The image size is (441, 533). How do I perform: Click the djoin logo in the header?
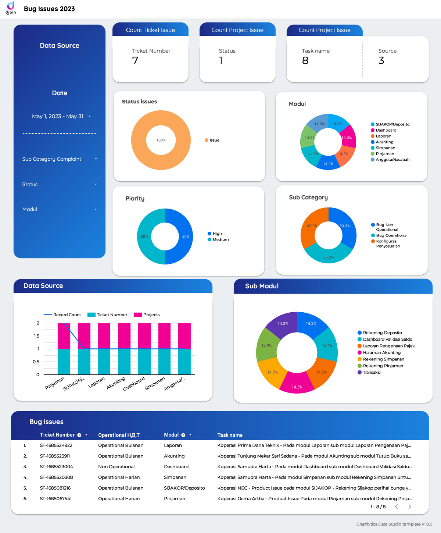click(x=11, y=7)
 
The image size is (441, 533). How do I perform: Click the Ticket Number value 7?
click(x=135, y=60)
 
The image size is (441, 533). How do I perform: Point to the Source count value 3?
click(x=381, y=60)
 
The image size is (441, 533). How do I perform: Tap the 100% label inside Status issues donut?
click(x=161, y=140)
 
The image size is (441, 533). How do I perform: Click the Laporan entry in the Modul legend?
click(x=383, y=136)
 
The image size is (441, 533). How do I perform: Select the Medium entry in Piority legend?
click(x=220, y=239)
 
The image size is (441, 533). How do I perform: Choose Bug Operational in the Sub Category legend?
click(x=391, y=235)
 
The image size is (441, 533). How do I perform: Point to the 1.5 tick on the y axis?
click(x=37, y=336)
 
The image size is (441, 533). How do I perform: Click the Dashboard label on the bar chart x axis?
click(x=134, y=384)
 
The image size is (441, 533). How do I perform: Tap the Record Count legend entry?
click(x=62, y=315)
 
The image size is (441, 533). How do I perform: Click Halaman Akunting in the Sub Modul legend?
click(x=381, y=352)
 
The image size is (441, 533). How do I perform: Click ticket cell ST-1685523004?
click(x=56, y=466)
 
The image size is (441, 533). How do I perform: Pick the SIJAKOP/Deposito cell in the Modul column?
click(x=184, y=488)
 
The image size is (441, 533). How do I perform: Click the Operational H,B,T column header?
click(x=119, y=435)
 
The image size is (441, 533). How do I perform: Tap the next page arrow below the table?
click(x=410, y=507)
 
